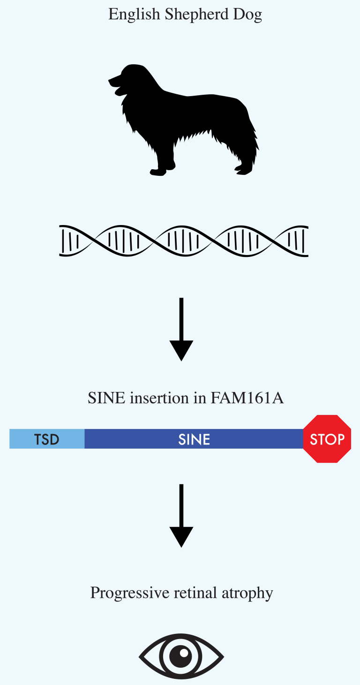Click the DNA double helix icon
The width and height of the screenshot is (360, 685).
tap(184, 240)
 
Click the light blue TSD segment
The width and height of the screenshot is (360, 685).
tap(47, 439)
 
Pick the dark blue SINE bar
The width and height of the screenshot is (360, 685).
tap(194, 439)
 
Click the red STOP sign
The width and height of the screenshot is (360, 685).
tap(327, 439)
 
